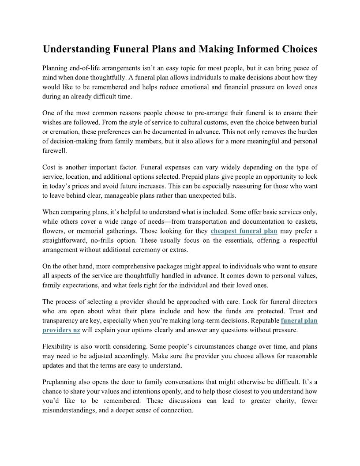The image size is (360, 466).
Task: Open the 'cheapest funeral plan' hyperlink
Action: pyautogui.click(x=244, y=231)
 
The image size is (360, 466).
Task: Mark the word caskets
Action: pyautogui.click(x=304, y=222)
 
